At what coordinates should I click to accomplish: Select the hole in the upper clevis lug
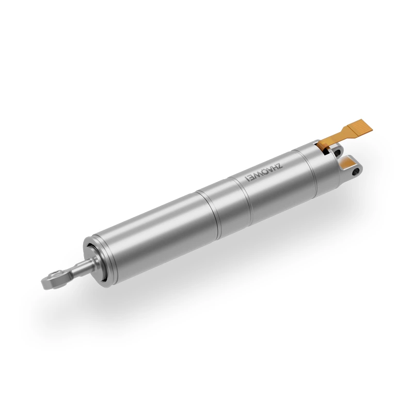pos(338,153)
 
